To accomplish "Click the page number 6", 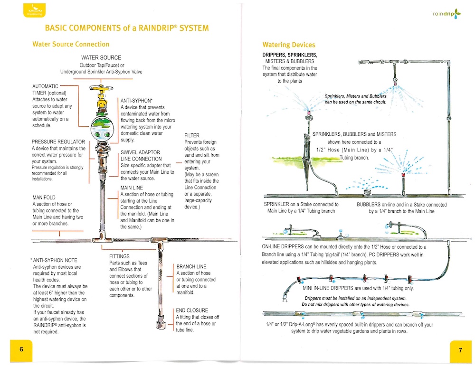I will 21,349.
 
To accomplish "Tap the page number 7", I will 460,350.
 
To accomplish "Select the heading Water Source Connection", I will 71,44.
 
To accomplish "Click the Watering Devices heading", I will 289,45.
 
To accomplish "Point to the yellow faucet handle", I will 101,88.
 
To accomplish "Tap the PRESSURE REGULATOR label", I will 58,142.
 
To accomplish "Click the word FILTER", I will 192,135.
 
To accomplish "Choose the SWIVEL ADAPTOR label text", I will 141,152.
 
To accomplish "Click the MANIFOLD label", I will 44,198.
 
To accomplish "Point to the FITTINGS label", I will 120,256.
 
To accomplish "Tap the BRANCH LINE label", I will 191,267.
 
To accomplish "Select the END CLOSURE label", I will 193,311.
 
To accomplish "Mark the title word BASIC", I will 58,28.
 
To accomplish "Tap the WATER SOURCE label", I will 101,57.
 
